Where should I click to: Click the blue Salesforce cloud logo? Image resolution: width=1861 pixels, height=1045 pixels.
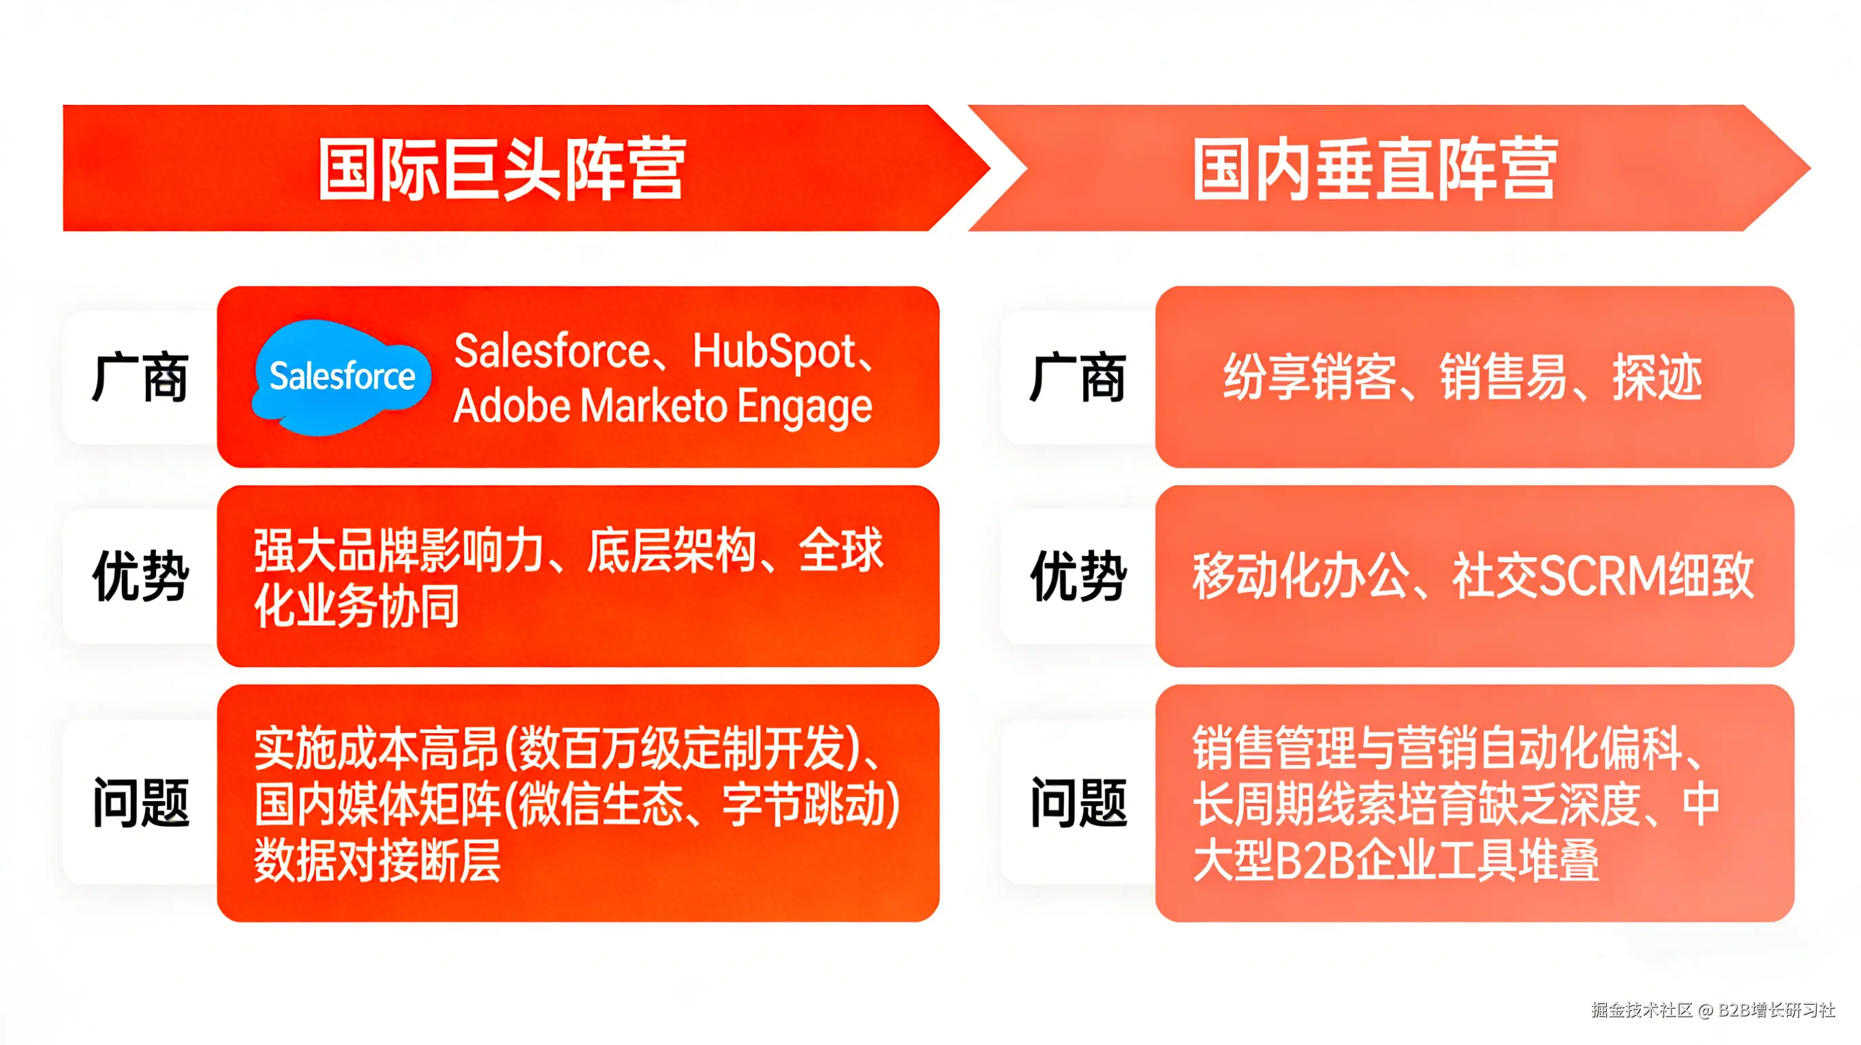[x=341, y=377]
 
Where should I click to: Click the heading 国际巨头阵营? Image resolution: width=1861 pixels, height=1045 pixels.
[x=502, y=169]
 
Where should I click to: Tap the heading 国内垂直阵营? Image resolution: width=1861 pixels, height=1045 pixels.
[x=1375, y=169]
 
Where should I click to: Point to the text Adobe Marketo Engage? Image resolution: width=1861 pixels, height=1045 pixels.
[x=663, y=406]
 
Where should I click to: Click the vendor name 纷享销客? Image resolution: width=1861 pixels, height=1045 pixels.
[x=1309, y=377]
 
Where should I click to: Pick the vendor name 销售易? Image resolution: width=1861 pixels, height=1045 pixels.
[x=1503, y=377]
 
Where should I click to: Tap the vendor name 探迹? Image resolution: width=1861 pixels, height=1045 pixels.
[x=1657, y=377]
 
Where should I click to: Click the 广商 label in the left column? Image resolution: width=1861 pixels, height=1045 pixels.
[x=140, y=377]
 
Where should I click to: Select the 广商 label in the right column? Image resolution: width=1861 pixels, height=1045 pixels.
[x=1078, y=377]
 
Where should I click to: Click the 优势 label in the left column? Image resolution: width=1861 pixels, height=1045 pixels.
[x=141, y=576]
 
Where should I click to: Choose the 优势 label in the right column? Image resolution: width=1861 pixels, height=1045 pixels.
[x=1078, y=576]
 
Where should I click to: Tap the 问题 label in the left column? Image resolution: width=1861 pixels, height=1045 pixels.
[x=141, y=803]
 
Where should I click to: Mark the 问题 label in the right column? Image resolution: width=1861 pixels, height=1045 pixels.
[x=1078, y=803]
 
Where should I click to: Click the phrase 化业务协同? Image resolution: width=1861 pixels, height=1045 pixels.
[x=357, y=606]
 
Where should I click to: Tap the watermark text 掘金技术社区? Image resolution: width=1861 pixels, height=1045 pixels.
[x=1642, y=1010]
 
